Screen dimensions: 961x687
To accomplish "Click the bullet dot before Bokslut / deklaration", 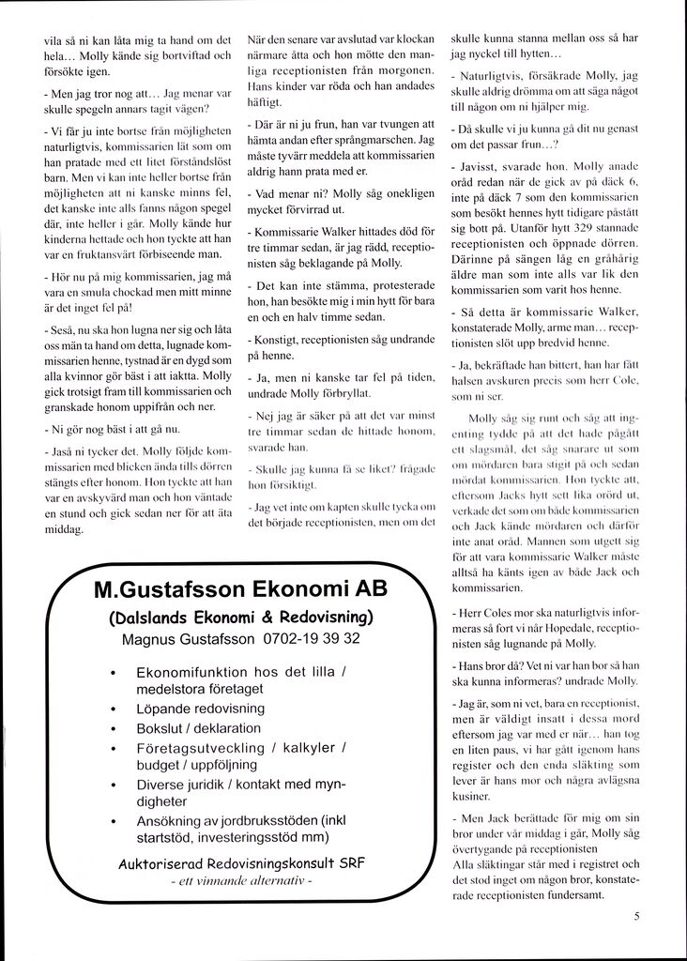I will pos(113,728).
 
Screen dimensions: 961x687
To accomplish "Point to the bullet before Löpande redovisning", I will pos(113,709).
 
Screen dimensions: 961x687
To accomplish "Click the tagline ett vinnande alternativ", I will pos(241,883).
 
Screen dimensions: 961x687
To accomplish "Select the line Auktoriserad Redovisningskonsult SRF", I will pos(241,863).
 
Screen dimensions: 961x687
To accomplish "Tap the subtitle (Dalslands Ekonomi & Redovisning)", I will pos(241,617).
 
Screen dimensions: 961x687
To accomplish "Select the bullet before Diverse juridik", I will pos(113,785).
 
